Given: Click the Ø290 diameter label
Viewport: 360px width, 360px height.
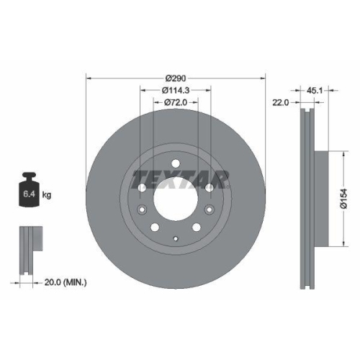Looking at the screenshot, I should pyautogui.click(x=176, y=78).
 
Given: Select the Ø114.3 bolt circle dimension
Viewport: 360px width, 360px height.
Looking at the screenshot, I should pyautogui.click(x=176, y=90).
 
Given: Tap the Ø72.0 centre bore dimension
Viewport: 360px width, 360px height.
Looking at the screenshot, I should pyautogui.click(x=176, y=102).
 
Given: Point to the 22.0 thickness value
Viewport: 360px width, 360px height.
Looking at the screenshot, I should pyautogui.click(x=281, y=103).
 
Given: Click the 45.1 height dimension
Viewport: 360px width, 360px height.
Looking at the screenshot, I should pyautogui.click(x=315, y=91).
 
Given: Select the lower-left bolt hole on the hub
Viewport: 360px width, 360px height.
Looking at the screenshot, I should pyautogui.click(x=155, y=228).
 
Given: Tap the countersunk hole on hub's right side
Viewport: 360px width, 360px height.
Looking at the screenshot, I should pyautogui.click(x=209, y=210).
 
